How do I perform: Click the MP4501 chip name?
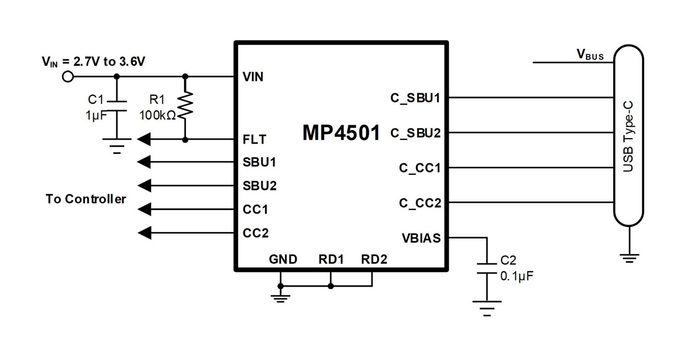tap(341, 133)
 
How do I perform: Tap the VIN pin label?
tap(253, 77)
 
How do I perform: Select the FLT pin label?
tap(254, 139)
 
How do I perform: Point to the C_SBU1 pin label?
tap(415, 98)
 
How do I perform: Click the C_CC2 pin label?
tap(420, 203)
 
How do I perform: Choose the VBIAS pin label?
tap(421, 238)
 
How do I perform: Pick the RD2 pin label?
tap(374, 259)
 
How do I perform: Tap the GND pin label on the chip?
tap(283, 259)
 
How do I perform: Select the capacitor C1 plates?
tap(117, 106)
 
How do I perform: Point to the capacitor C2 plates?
tap(487, 268)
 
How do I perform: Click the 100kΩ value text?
tap(157, 115)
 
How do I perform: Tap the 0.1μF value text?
tap(517, 276)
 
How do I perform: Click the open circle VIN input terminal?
tap(68, 77)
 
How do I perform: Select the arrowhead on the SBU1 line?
tap(144, 162)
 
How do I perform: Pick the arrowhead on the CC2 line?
tap(144, 233)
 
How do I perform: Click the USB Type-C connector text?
tap(628, 137)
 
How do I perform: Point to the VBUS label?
tap(590, 55)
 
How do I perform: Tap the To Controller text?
tap(86, 199)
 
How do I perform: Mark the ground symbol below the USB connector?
tap(629, 258)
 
